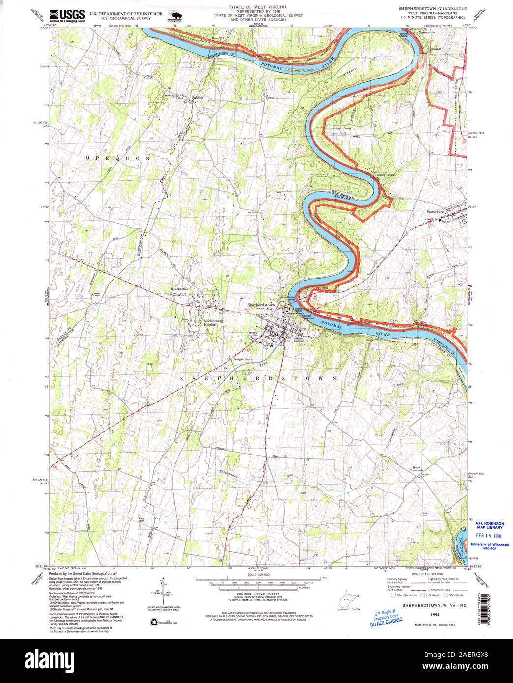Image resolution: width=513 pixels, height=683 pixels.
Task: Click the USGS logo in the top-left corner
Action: click(x=67, y=15)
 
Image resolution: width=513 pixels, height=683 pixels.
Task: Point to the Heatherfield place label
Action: click(x=179, y=289)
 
